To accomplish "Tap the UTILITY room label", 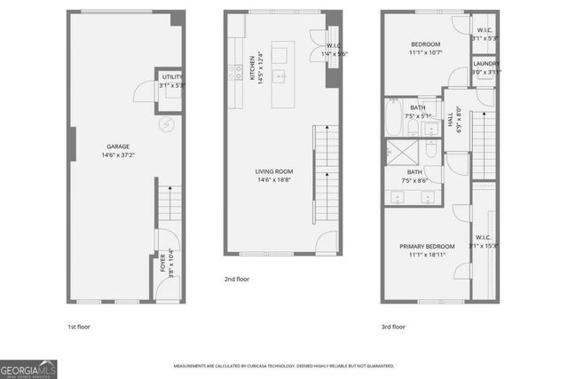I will tap(171, 79).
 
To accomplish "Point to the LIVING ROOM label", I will tap(274, 171).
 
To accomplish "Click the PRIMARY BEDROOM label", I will tap(427, 246).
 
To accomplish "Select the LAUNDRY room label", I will tap(485, 64).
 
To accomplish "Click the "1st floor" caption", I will tap(78, 327).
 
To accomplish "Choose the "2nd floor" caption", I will tap(236, 279).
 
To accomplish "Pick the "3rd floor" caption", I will tap(393, 327).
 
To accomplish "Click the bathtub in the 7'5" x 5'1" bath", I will tap(393, 118).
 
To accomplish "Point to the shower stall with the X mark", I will tap(393, 152).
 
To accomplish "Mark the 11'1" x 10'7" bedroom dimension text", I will tap(427, 52).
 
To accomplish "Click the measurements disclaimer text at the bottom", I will tap(284, 366).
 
